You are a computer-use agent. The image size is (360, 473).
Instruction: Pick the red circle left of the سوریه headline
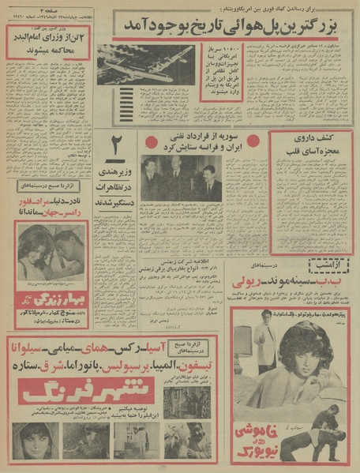152,141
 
